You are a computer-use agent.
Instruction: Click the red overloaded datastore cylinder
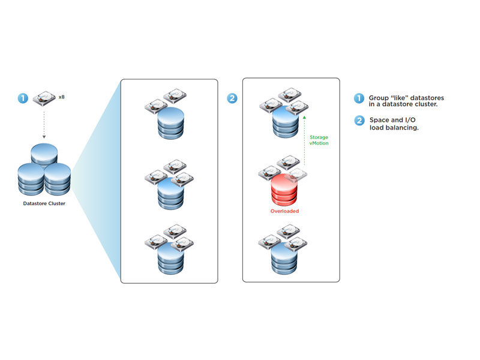tap(284, 190)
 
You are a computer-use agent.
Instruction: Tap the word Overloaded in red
tap(284, 211)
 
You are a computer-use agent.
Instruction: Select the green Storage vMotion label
tap(319, 140)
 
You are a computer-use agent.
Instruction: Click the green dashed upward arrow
tap(304, 141)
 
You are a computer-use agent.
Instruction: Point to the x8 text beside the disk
tap(62, 97)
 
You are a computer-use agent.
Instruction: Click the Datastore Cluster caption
tap(44, 203)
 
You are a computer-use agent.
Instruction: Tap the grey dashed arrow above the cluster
tap(44, 125)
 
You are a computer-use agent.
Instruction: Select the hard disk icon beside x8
tap(44, 98)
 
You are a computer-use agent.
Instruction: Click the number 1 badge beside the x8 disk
tap(23, 98)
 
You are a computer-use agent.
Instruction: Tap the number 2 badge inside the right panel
tap(232, 98)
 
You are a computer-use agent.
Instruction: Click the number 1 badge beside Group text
tap(359, 98)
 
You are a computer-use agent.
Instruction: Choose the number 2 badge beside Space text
tap(359, 121)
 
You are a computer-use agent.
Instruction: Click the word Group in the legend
tap(379, 98)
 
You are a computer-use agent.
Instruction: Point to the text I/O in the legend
tap(410, 119)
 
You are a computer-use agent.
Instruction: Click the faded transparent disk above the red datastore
tap(295, 175)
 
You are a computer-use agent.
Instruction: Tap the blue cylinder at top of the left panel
tap(171, 123)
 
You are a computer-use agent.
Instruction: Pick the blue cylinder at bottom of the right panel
tap(284, 258)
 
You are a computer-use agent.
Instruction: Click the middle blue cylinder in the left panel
tap(171, 193)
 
